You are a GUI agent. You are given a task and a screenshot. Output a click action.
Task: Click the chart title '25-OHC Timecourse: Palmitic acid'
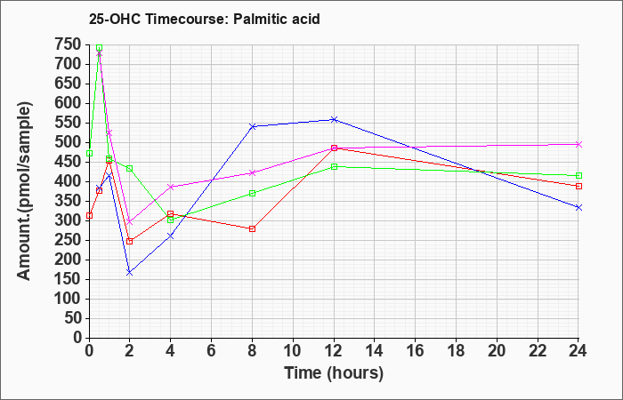(204, 19)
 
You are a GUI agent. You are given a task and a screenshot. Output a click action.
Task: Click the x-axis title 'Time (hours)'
(334, 373)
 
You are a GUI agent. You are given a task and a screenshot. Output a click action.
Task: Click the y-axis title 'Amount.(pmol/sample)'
(24, 191)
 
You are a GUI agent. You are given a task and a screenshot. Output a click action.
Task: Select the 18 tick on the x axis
(456, 351)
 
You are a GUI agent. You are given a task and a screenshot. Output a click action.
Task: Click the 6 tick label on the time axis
(212, 351)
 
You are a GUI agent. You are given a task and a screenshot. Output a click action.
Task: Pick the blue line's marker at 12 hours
(334, 119)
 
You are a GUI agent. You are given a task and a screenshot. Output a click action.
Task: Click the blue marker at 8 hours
(252, 126)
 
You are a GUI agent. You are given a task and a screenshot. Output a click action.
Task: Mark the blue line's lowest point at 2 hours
(130, 273)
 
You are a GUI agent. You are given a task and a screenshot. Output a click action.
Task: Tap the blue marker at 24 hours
(578, 207)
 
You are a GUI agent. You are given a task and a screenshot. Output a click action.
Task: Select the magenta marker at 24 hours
(578, 144)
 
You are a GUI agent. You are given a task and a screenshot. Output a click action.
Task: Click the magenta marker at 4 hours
(171, 187)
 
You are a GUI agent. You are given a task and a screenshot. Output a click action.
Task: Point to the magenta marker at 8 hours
(252, 172)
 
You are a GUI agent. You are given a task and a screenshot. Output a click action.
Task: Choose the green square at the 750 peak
(100, 48)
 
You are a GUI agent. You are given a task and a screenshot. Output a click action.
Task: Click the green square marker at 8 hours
(252, 193)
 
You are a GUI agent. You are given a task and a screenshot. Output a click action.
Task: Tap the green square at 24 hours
(578, 175)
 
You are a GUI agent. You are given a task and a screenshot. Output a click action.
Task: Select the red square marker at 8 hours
(252, 228)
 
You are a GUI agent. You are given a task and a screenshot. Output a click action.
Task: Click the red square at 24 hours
(578, 186)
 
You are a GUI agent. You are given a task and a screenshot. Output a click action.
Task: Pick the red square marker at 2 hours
(130, 241)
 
